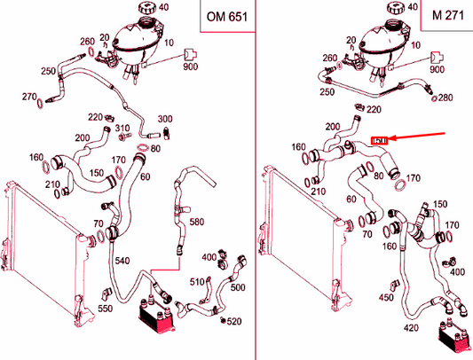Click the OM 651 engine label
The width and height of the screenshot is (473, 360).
pyautogui.click(x=227, y=17)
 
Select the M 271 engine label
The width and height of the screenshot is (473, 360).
pyautogui.click(x=448, y=15)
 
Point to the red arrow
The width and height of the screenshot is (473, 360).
pyautogui.click(x=417, y=136)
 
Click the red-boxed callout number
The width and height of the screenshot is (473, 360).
pyautogui.click(x=379, y=140)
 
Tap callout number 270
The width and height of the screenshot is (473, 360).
pyautogui.click(x=29, y=97)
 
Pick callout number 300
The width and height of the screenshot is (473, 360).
pyautogui.click(x=165, y=119)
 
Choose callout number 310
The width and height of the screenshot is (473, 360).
pyautogui.click(x=122, y=129)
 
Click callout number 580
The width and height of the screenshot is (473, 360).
pyautogui.click(x=197, y=223)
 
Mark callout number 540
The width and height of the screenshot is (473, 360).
pyautogui.click(x=122, y=261)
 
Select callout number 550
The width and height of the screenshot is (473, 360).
pyautogui.click(x=105, y=309)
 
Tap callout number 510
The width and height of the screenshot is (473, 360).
pyautogui.click(x=197, y=282)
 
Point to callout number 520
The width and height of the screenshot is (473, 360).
pyautogui.click(x=234, y=321)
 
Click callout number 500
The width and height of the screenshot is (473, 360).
pyautogui.click(x=238, y=287)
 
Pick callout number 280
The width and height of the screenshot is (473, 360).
pyautogui.click(x=445, y=98)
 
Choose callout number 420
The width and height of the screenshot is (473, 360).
pyautogui.click(x=411, y=328)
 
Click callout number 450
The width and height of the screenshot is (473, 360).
pyautogui.click(x=386, y=298)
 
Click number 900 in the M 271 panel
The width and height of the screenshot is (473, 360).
pyautogui.click(x=437, y=69)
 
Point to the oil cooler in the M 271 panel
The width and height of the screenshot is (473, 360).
pyautogui.click(x=454, y=337)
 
